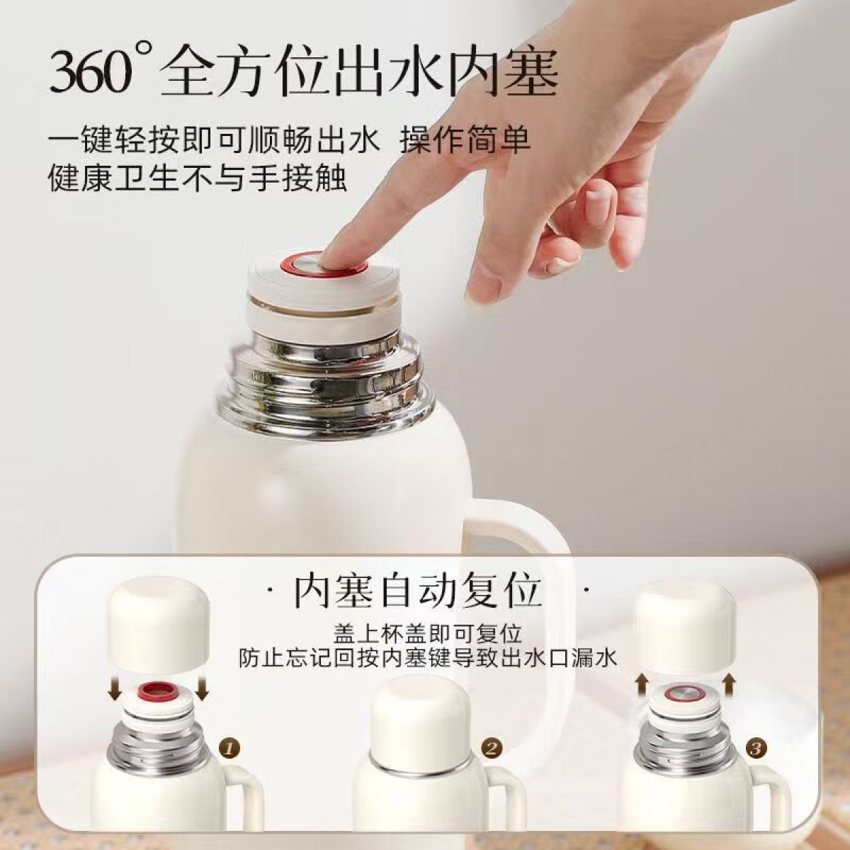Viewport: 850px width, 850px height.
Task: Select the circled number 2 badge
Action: point(493,735)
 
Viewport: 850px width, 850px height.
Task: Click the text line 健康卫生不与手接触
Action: point(197,177)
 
